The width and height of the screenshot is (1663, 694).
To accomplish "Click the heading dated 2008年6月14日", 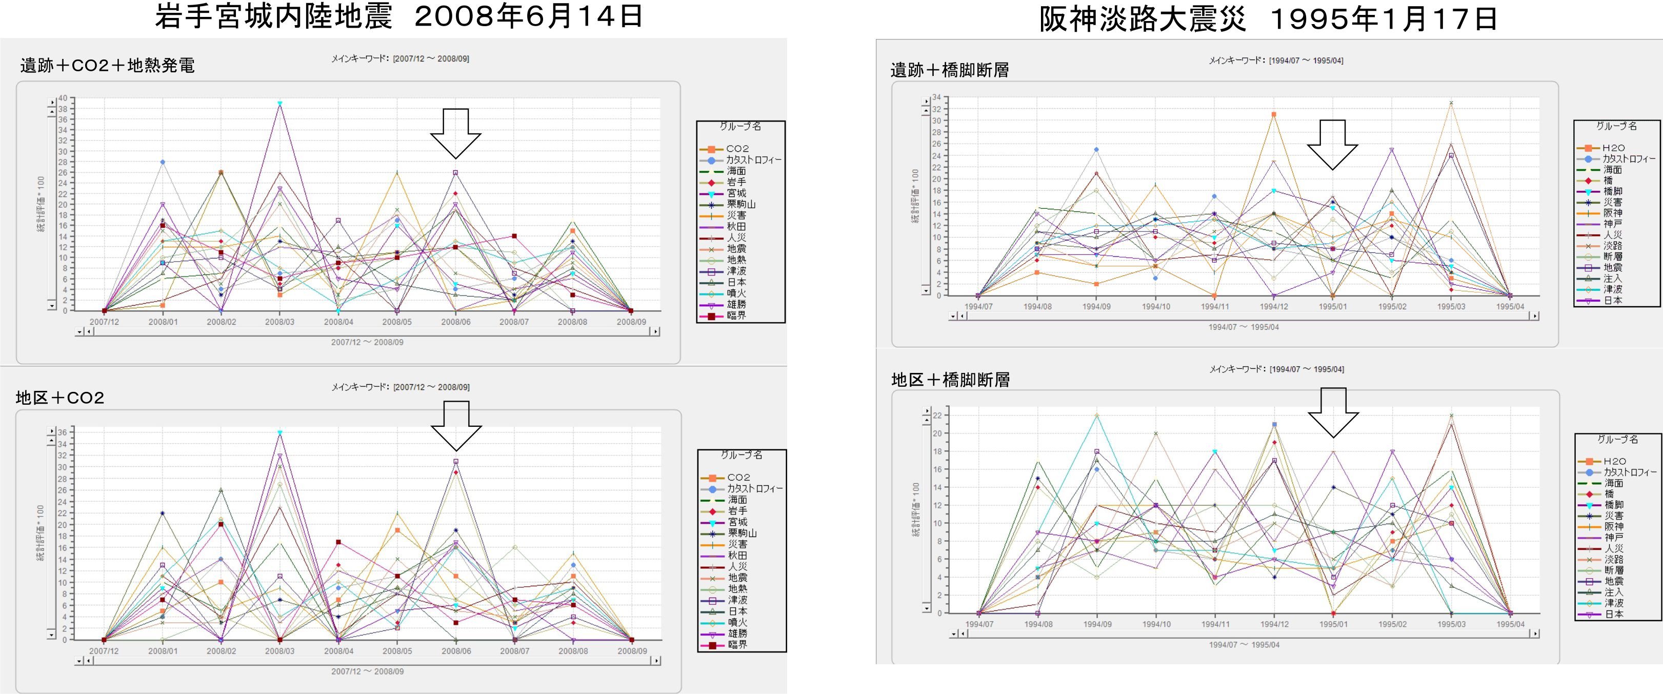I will tap(398, 16).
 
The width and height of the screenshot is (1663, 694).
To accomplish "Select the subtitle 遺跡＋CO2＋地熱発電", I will tap(107, 65).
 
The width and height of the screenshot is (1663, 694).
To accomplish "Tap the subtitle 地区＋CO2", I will tap(60, 398).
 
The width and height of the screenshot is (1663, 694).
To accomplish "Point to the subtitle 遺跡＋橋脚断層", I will tap(950, 70).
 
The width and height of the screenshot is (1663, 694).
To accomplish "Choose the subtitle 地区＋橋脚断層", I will tap(950, 380).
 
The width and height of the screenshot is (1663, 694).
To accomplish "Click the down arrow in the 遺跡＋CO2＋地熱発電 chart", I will tap(455, 133).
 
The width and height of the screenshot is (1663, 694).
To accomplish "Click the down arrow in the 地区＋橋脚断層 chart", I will tap(1333, 412).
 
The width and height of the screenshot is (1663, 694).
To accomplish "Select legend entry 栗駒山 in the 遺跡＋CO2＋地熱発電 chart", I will tap(740, 204).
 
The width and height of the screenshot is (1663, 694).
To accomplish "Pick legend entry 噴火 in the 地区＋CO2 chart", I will tap(738, 622).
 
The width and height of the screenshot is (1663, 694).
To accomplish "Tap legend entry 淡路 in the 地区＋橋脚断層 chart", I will tap(1614, 559).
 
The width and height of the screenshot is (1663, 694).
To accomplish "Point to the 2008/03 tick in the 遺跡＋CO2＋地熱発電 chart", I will tap(279, 322).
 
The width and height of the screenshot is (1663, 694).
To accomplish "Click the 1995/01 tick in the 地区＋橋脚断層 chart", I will tap(1333, 624).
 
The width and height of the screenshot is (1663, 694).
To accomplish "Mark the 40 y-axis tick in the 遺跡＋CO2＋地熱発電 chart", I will tap(63, 98).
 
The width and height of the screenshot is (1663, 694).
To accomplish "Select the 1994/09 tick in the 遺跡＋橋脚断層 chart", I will tap(1096, 307).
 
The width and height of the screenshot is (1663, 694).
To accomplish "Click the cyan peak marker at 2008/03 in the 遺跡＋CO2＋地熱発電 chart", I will tap(279, 103).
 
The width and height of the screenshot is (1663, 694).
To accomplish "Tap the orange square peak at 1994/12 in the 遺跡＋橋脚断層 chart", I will tap(1274, 114).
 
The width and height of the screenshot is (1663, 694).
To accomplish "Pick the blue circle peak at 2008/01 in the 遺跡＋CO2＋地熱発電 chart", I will tap(163, 162).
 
